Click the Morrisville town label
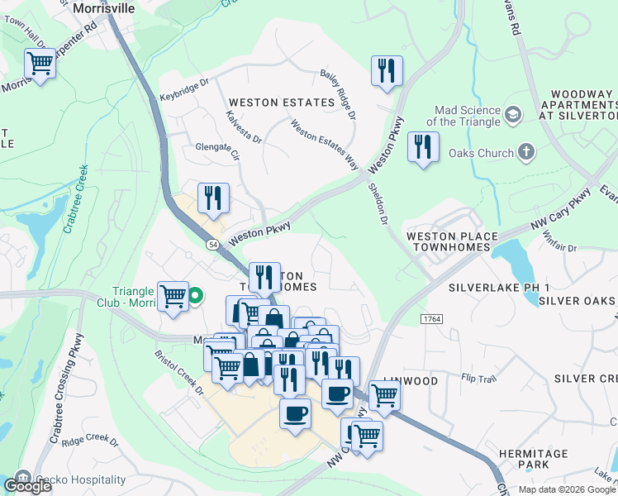coord(104,7)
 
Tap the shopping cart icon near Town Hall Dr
coord(40,64)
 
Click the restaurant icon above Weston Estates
coord(386,72)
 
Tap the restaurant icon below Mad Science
coord(423,148)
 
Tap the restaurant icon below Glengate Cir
coord(213,198)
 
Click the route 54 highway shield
coord(213,245)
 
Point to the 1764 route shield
coord(431,318)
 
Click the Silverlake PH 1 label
coord(499,288)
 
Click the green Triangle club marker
coord(196,295)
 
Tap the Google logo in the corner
coord(26,486)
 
